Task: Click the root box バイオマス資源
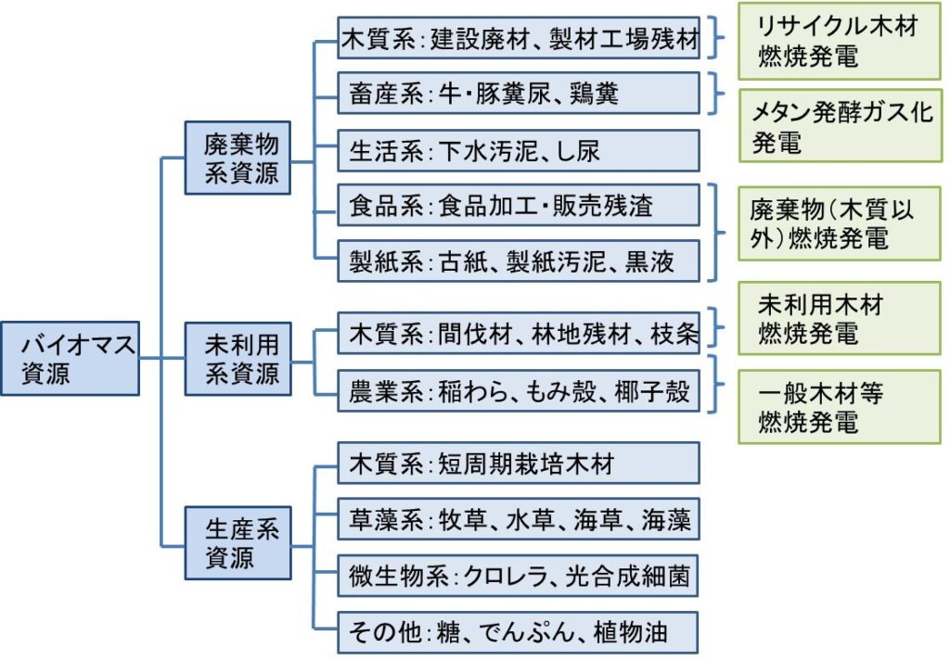(x=71, y=359)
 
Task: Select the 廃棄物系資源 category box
(x=237, y=158)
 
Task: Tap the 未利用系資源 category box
(x=237, y=359)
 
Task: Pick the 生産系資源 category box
(x=237, y=543)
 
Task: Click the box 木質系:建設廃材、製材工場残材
(x=519, y=38)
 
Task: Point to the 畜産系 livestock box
(x=519, y=94)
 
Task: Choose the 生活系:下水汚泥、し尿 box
(x=519, y=150)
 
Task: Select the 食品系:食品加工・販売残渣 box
(x=519, y=205)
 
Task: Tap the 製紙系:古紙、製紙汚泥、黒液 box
(x=519, y=261)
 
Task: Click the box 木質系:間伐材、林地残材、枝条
(x=519, y=333)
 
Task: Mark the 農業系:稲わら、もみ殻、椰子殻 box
(x=519, y=391)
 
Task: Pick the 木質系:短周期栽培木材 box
(x=519, y=463)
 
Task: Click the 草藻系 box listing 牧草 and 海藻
(x=519, y=519)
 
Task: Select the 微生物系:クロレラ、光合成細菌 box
(x=518, y=576)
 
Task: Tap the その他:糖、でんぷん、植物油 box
(x=518, y=632)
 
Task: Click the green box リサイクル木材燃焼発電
(x=839, y=41)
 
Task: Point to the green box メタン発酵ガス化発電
(x=841, y=126)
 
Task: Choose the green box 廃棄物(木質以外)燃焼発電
(x=839, y=223)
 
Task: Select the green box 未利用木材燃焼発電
(x=839, y=318)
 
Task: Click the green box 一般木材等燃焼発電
(x=839, y=407)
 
